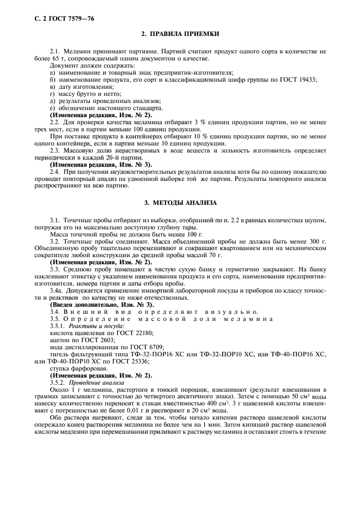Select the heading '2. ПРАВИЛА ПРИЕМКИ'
[x=180, y=34]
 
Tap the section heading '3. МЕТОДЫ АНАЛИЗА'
[x=180, y=203]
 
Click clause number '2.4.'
[x=57, y=171]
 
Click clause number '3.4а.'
[x=58, y=290]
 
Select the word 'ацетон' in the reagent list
[x=59, y=339]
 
